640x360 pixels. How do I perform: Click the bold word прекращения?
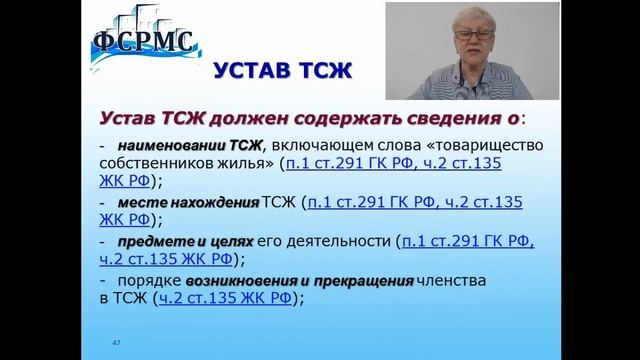click(363, 281)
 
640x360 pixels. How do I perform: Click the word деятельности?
click(339, 241)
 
